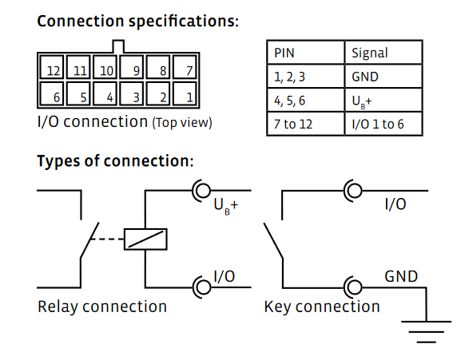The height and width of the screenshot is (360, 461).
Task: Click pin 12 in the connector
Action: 52,67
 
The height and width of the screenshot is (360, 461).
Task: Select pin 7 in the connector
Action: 185,67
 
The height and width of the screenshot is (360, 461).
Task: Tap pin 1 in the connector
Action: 185,93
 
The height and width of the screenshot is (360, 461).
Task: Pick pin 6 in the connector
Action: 52,93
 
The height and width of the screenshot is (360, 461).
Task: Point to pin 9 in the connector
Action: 132,67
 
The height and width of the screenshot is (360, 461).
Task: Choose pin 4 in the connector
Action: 105,93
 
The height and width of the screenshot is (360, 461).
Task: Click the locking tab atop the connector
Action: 118,46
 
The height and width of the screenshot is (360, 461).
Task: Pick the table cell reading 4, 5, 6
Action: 305,100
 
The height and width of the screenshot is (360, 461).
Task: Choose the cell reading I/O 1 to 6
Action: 384,124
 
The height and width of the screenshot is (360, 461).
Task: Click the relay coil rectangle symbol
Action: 145,239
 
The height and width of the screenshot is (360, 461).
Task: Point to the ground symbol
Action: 426,332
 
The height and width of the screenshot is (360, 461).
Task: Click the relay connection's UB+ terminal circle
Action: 203,191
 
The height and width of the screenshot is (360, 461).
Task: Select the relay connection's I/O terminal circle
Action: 203,287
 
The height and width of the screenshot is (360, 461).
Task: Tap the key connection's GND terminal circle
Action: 354,287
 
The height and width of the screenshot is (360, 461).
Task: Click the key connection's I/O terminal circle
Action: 354,191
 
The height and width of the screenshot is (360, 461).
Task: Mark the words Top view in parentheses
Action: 182,123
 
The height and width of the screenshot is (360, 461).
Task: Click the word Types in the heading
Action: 58,161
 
